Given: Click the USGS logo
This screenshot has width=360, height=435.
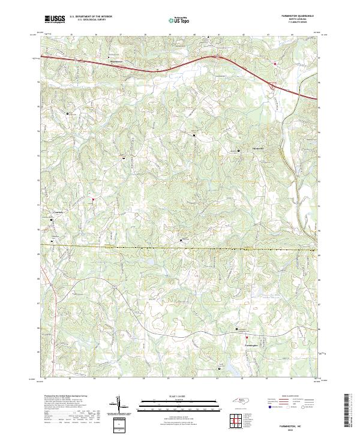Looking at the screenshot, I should (x=55, y=19).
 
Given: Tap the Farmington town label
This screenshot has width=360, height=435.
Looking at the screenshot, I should (x=252, y=346).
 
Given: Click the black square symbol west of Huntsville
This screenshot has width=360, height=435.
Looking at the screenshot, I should (x=238, y=150).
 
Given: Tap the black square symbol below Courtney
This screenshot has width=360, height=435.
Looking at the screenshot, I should (x=51, y=220).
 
